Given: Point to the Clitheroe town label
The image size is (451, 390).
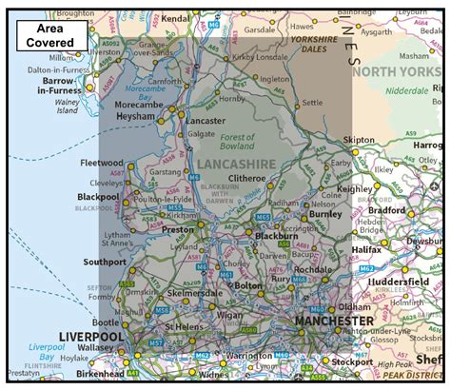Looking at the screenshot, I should [246, 178].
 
